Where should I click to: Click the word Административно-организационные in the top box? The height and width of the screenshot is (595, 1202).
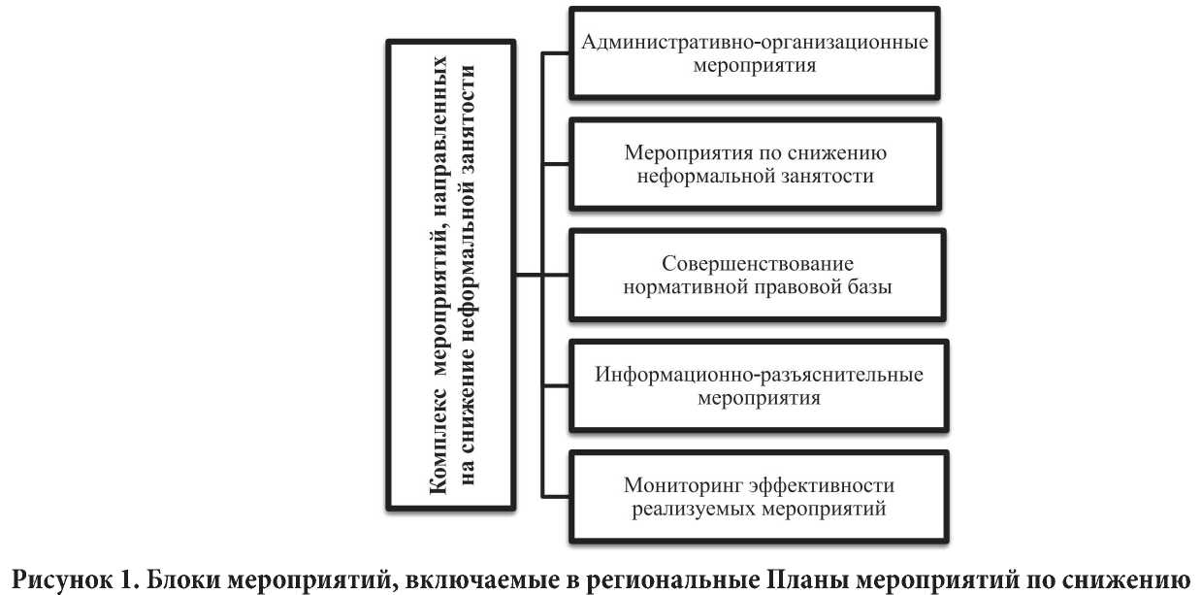(756, 44)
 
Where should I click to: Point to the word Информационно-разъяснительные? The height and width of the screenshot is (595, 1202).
(756, 376)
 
